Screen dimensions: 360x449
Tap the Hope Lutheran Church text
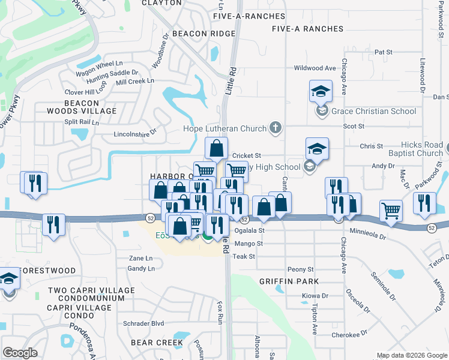coord(224,128)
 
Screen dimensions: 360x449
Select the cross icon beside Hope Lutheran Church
coord(276,127)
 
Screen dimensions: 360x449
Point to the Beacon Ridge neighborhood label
coord(203,34)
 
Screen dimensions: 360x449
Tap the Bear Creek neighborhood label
coord(157,343)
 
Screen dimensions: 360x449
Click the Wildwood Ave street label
coord(313,68)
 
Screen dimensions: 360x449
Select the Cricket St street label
coord(246,155)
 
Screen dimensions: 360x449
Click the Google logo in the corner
coord(20,353)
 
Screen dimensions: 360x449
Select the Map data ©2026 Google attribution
coord(411,355)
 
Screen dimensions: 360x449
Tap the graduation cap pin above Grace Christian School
coord(321,92)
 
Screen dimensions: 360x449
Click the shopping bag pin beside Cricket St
coord(217,148)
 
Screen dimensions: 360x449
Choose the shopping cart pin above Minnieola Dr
coord(391,211)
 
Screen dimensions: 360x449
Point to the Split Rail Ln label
coord(81,122)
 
